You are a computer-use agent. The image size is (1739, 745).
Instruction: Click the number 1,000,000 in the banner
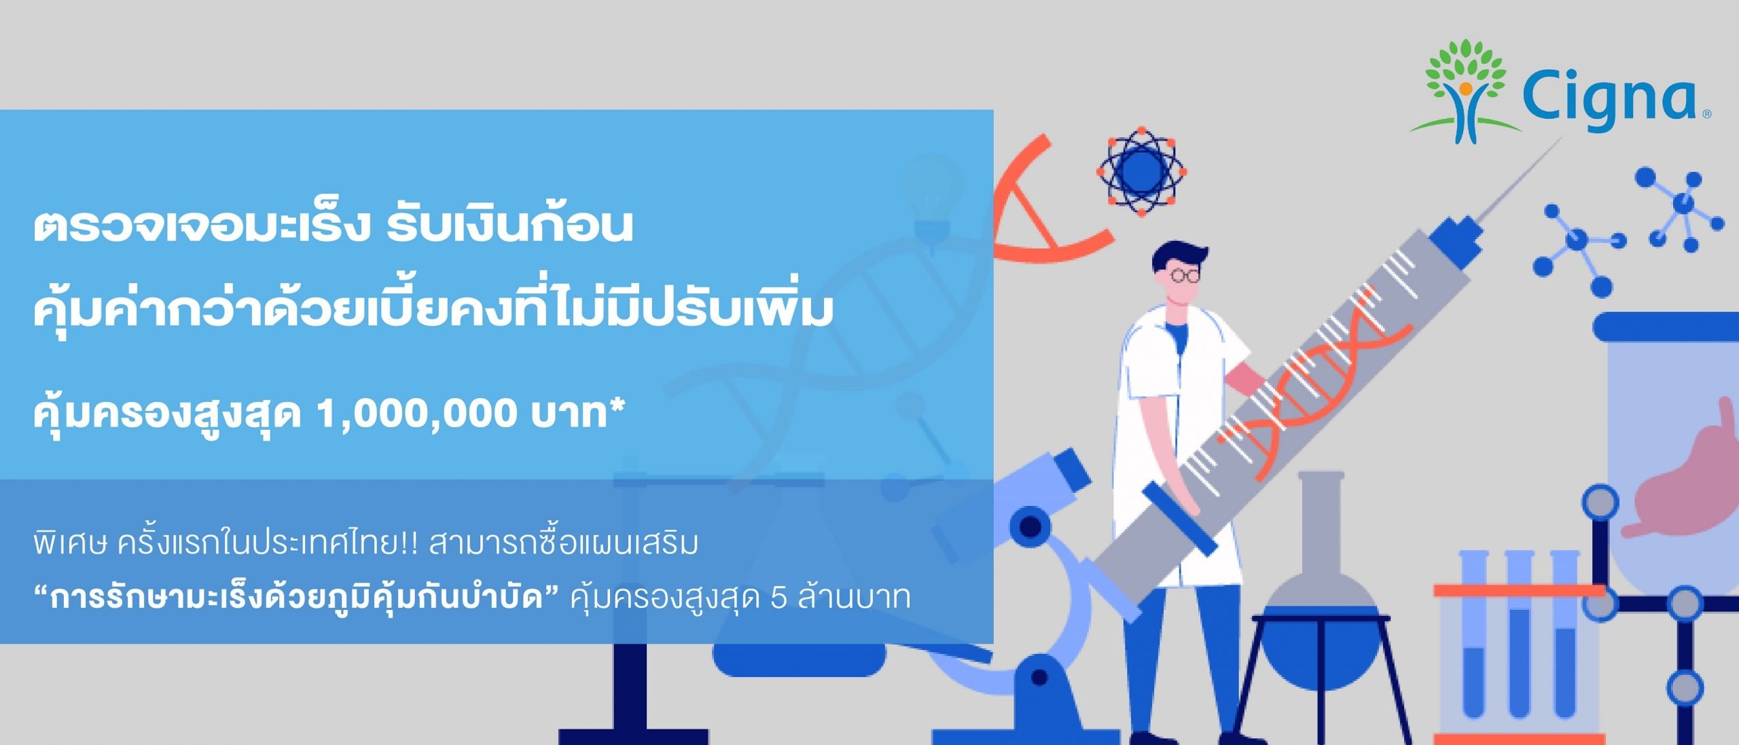pos(417,414)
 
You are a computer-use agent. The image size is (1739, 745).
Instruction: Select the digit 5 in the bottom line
pos(779,598)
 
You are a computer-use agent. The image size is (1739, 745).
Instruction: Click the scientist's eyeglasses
pos(1185,275)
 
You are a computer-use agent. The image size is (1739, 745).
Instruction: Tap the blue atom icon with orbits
pos(1141,171)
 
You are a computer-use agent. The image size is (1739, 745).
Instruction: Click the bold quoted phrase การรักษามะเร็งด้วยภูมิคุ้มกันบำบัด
pos(296,598)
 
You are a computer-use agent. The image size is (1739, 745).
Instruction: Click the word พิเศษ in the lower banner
pos(71,543)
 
